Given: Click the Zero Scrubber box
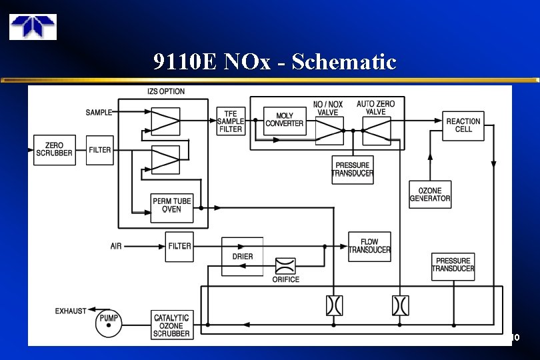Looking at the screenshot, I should [x=54, y=150].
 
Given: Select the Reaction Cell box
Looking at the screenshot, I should [x=463, y=126].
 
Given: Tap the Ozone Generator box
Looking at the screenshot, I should [x=430, y=194].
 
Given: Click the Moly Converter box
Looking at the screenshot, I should [x=285, y=120].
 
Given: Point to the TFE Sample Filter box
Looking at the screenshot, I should [x=231, y=121].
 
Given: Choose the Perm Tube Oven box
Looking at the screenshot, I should [x=172, y=205].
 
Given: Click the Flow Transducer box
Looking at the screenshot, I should [x=369, y=246].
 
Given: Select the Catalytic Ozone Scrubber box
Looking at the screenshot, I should [x=171, y=325].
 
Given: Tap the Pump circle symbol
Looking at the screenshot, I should [x=109, y=319].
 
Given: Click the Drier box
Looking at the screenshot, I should [x=242, y=256].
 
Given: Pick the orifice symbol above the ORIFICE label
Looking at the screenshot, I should [x=285, y=266].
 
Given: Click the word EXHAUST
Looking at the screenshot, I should [x=71, y=311].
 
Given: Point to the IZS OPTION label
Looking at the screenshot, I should [x=166, y=91].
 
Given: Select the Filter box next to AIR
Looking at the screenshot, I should [x=179, y=246].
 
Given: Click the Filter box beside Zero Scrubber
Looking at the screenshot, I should [x=100, y=150].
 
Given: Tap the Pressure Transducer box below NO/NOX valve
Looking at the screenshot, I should [x=353, y=169].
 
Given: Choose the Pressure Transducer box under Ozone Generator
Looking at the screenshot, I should [x=453, y=265].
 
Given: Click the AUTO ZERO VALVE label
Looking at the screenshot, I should [x=375, y=107].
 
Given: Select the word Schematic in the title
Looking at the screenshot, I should [x=344, y=62].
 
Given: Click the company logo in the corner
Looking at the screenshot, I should [x=33, y=27].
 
